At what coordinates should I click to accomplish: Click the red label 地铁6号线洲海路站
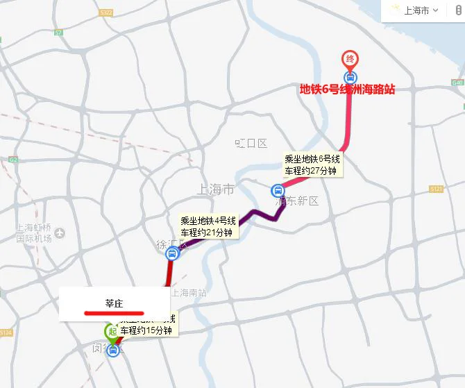(347, 90)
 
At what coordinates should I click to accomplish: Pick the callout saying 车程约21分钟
(209, 226)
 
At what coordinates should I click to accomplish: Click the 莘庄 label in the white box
(114, 303)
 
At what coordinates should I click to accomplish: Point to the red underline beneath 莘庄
(114, 312)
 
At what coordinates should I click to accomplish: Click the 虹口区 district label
(251, 144)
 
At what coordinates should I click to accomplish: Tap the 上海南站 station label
(189, 292)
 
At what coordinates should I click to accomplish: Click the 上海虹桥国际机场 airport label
(34, 233)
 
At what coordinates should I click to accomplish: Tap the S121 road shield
(436, 189)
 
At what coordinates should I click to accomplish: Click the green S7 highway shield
(58, 33)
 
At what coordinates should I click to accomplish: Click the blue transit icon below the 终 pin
(350, 78)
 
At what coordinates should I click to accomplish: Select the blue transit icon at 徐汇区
(171, 254)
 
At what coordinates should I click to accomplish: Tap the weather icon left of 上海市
(396, 10)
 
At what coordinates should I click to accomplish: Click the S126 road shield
(6, 333)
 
